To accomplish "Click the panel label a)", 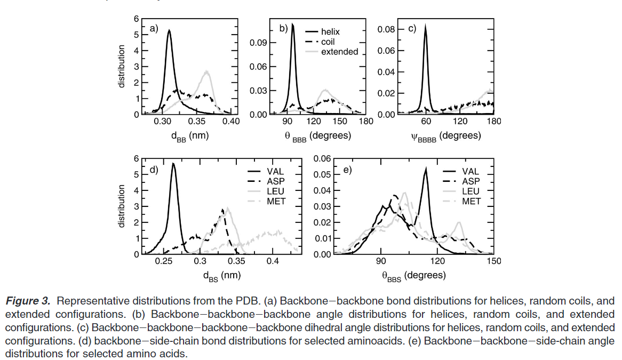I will tap(154, 29).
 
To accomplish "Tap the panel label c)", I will tap(412, 29).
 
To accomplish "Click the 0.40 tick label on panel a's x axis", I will tap(230, 122).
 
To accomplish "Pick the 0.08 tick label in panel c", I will tap(386, 29).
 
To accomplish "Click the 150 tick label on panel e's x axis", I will tap(494, 261).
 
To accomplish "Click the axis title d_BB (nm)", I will tap(189, 135).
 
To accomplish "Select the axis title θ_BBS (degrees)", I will tap(413, 275).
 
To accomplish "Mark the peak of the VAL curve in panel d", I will tap(173, 163).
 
